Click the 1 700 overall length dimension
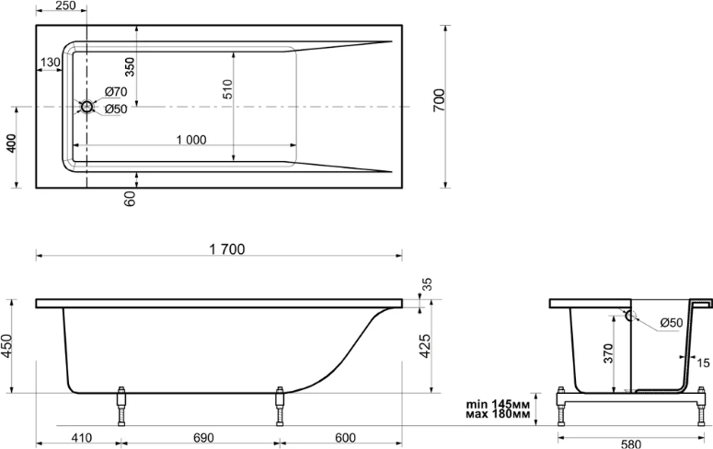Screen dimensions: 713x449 tap(227, 249)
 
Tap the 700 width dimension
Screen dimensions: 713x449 tap(439, 101)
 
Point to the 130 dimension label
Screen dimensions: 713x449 tap(50, 63)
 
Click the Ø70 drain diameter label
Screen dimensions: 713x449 tap(116, 92)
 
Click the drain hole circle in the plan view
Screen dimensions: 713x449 tap(86, 107)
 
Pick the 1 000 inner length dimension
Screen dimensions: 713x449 tap(191, 140)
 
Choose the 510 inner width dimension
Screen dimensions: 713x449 tap(228, 89)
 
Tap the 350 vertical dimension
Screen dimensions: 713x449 tap(130, 66)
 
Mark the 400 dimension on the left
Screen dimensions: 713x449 tap(11, 144)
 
